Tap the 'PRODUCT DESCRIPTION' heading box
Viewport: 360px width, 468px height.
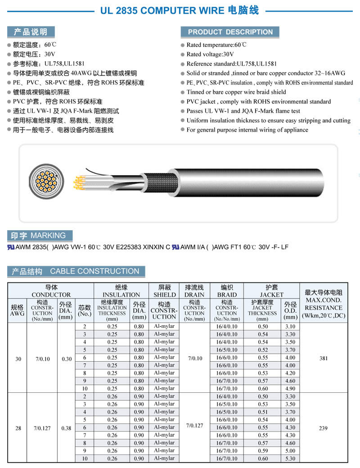230,32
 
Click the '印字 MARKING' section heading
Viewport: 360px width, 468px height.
39,236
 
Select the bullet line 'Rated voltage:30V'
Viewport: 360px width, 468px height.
210,54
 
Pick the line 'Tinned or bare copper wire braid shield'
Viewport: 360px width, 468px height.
236,92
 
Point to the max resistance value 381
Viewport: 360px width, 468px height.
323,358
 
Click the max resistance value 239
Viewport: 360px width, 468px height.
323,427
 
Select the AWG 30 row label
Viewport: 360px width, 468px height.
18,358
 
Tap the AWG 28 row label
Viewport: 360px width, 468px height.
18,427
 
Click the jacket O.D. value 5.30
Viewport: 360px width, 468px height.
290,459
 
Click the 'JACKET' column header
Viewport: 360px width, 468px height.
271,291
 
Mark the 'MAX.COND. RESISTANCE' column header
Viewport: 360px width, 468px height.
324,304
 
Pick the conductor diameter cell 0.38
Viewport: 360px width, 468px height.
66,427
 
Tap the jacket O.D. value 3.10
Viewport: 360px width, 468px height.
290,327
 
